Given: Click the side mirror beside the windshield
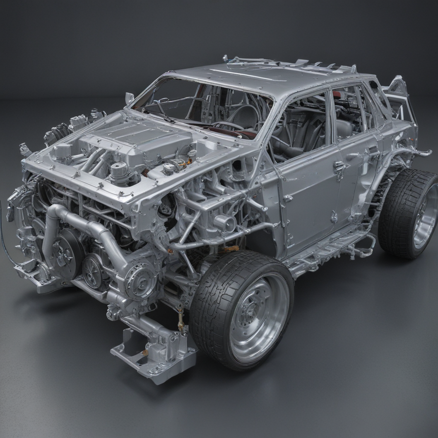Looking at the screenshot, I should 129,98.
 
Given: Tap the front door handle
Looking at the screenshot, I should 339,166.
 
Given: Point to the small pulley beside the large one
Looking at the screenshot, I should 93,270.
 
